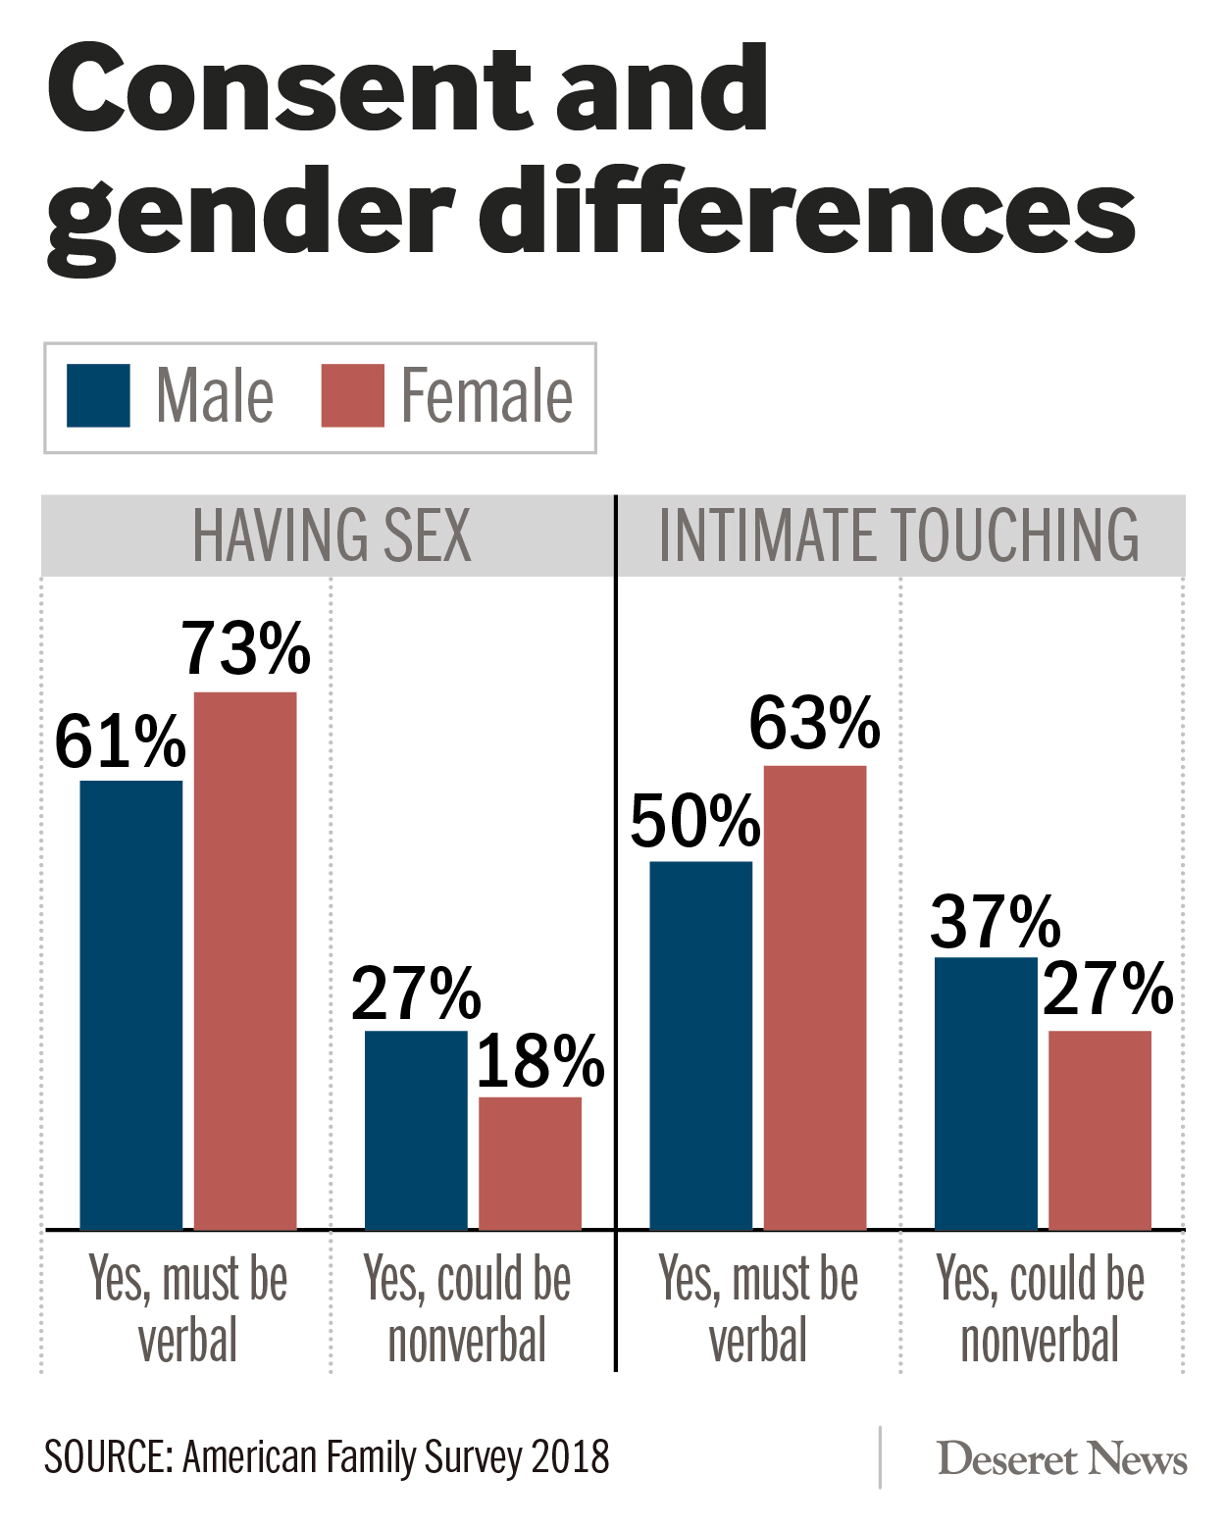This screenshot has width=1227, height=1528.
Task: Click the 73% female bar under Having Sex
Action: coord(245,961)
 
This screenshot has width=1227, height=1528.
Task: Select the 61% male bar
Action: coord(131,1005)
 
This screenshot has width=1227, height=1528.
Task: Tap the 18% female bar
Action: coord(530,1163)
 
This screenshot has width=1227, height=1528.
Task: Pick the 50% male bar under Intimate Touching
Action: coord(700,1045)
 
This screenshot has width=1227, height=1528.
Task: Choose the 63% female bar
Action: coord(815,997)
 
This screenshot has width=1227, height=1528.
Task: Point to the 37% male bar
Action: coord(986,1093)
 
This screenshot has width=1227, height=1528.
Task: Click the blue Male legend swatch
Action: coord(98,396)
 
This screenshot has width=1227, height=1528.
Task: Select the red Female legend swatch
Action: coord(353,396)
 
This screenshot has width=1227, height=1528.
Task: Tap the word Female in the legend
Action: coord(486,396)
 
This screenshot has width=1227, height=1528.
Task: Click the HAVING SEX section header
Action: coord(332,535)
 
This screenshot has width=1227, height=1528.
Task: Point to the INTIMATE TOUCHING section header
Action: coord(898,535)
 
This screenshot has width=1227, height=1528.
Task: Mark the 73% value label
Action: coord(246,648)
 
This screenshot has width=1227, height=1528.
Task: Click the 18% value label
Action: coord(540,1061)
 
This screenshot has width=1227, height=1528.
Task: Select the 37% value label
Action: coord(996,922)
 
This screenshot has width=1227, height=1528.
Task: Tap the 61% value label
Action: coord(120,742)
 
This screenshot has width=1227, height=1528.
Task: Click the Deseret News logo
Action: coord(1062,1459)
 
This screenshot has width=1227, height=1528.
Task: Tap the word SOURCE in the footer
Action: coord(108,1457)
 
